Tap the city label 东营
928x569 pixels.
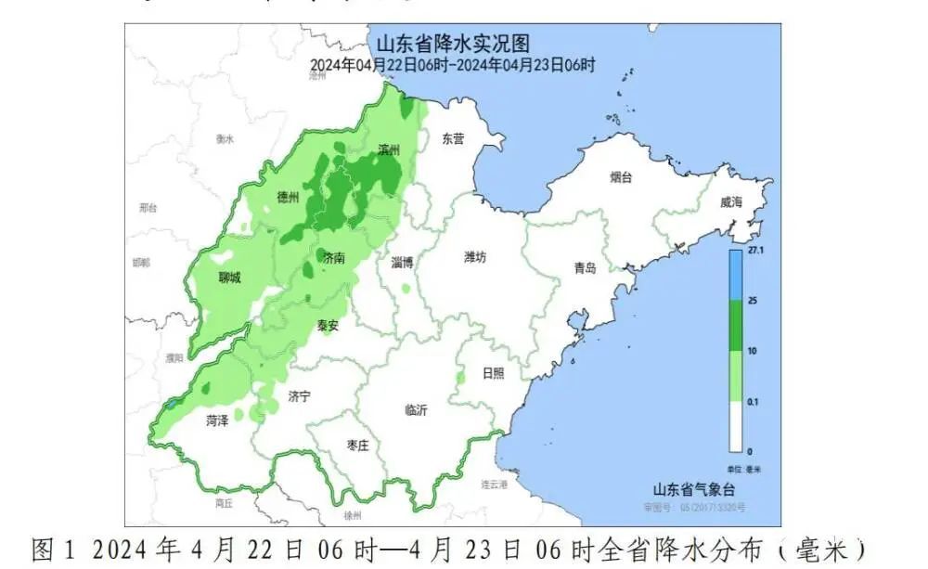(452, 139)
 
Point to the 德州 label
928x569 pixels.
(289, 198)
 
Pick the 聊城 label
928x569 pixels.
(229, 278)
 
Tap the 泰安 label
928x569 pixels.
(327, 326)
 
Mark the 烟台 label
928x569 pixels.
(621, 175)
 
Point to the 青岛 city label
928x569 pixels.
(585, 268)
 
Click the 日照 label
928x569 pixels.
(494, 373)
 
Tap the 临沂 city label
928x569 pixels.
(417, 410)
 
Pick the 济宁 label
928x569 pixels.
(299, 396)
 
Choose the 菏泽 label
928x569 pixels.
(215, 421)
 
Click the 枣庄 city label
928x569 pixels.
(357, 446)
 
